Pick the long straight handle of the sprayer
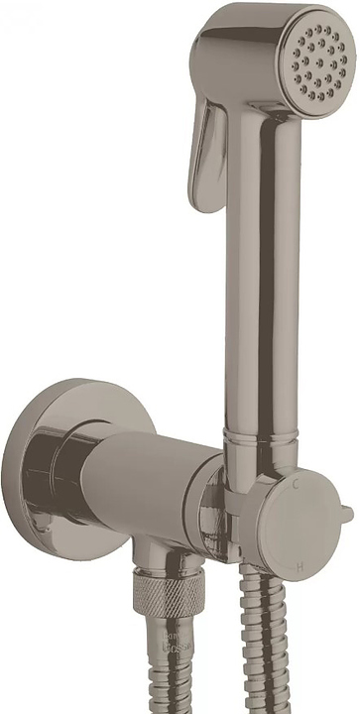[260, 297]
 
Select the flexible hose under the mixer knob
[255, 645]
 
